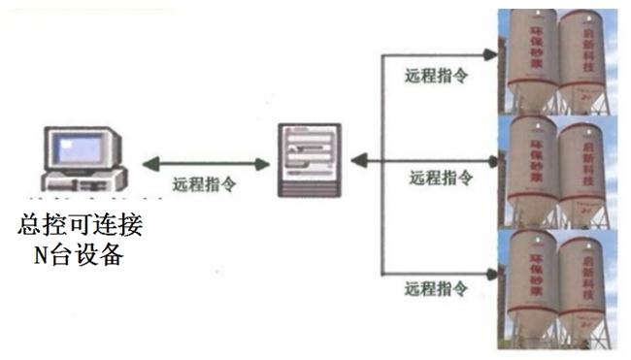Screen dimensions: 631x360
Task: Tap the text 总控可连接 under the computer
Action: coord(81,226)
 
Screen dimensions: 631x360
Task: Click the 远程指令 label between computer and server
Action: coord(203,183)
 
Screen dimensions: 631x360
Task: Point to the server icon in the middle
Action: coord(310,159)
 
